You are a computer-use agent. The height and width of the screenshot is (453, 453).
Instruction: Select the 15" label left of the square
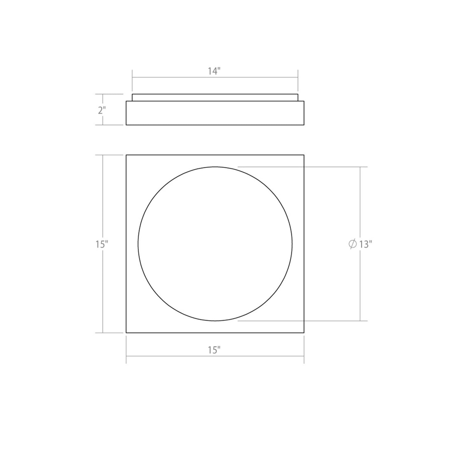tap(102, 244)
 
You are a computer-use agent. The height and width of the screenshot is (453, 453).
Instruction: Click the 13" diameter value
tap(365, 244)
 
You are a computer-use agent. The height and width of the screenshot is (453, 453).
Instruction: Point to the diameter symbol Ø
tap(352, 244)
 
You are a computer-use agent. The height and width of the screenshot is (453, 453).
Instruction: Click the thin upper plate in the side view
tap(215, 97)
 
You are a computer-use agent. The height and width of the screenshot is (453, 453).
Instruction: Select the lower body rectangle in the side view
tap(215, 113)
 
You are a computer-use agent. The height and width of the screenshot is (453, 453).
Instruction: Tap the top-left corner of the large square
tap(126, 155)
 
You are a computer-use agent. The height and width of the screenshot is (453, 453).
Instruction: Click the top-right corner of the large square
tap(304, 155)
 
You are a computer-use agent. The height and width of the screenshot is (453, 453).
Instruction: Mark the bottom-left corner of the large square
tap(126, 333)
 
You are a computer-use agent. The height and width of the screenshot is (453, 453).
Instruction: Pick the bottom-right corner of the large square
tap(304, 333)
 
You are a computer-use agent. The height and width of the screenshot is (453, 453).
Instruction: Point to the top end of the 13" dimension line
tap(360, 167)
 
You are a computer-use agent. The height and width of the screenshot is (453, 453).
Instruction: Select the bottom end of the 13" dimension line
tap(360, 321)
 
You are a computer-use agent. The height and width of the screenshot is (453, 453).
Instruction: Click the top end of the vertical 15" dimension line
tap(103, 155)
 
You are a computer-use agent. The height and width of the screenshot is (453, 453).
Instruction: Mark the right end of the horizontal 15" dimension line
tap(304, 356)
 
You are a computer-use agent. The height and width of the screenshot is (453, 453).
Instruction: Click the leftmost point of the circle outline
tap(138, 244)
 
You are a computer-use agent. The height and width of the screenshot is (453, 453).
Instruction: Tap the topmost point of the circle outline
tap(215, 166)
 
